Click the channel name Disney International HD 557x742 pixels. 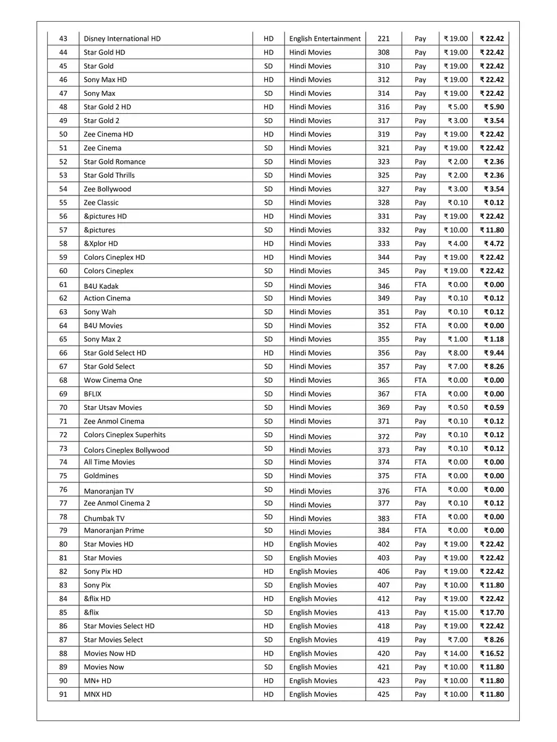122,39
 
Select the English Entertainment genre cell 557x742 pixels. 325,39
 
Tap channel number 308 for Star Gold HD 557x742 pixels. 384,53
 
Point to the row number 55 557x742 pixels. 64,203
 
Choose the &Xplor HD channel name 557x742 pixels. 101,244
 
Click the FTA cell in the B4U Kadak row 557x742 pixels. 420,285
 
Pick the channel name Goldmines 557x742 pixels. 101,476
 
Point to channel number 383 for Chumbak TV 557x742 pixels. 384,517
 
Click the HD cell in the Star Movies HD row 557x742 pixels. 269,544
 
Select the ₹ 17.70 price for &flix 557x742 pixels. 492,613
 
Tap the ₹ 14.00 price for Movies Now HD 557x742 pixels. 456,654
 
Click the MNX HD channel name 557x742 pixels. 98,694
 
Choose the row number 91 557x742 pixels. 64,694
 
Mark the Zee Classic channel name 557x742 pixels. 101,203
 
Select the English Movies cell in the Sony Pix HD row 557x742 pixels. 313,572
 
